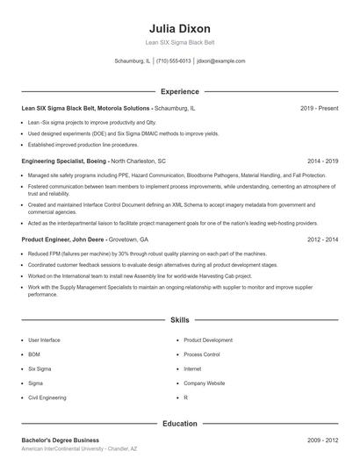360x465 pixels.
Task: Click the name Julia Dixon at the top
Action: [x=179, y=28]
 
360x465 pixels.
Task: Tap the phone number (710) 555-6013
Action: [x=174, y=61]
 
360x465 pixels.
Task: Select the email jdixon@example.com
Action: [x=220, y=61]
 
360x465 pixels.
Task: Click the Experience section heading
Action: [x=179, y=91]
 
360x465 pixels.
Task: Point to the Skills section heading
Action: [x=179, y=321]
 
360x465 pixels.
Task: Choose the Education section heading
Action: [x=179, y=424]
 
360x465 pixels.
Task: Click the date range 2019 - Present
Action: [x=319, y=108]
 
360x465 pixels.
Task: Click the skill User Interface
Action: [x=44, y=340]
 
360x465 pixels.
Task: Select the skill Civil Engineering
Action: [x=47, y=397]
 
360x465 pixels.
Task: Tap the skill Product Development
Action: [x=208, y=340]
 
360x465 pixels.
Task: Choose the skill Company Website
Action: [x=204, y=383]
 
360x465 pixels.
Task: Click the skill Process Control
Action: [x=201, y=354]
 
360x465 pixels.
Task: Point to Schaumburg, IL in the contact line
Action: [x=133, y=61]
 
